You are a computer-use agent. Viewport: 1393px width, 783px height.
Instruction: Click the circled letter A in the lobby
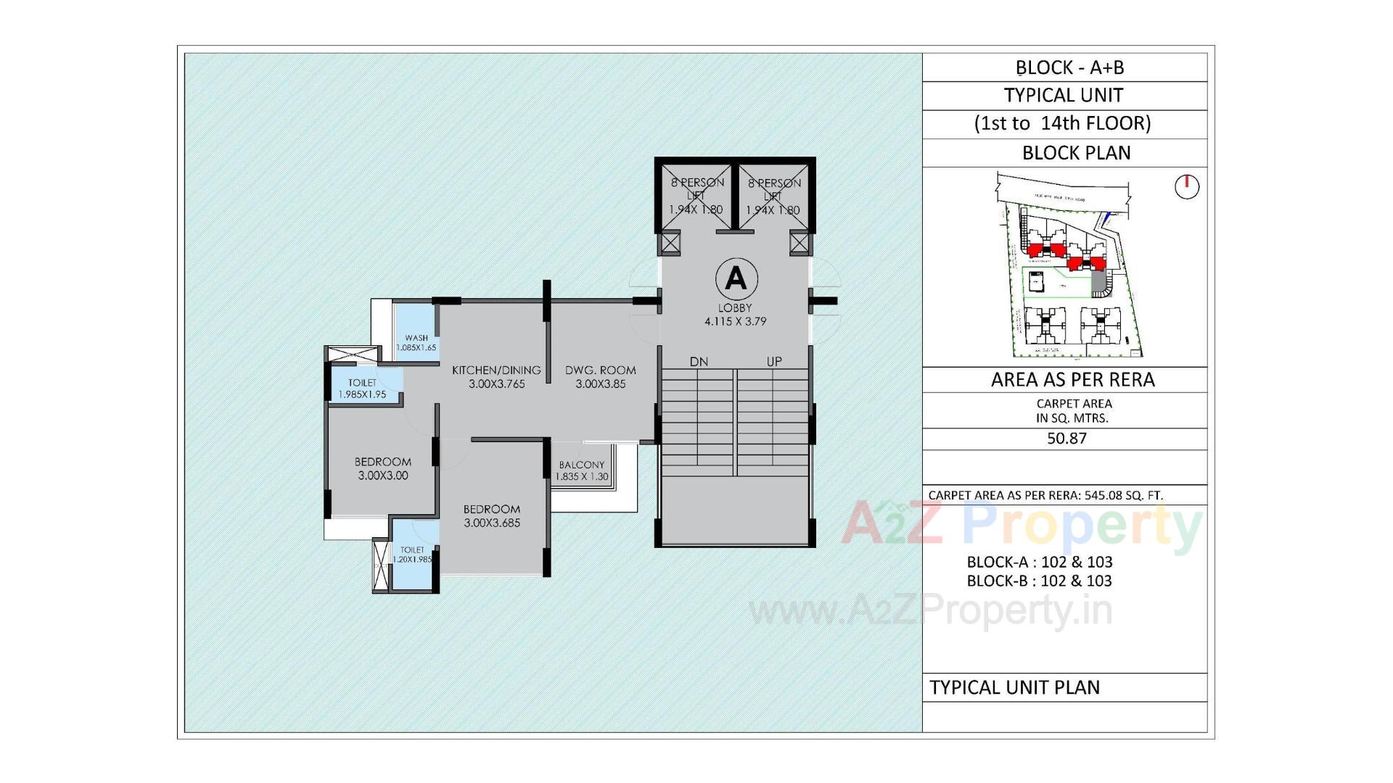point(736,278)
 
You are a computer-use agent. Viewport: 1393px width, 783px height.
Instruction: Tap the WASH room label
point(416,338)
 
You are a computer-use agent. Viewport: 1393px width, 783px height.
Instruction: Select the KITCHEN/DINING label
point(496,370)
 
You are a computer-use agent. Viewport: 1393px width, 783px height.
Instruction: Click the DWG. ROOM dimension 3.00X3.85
point(600,384)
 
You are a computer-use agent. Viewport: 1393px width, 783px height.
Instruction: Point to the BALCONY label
point(581,465)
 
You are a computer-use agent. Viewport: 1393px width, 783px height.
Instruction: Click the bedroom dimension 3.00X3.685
point(492,523)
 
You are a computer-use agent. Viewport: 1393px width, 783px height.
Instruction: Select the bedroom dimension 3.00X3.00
point(382,476)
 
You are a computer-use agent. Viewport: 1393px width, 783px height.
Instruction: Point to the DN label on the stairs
point(699,361)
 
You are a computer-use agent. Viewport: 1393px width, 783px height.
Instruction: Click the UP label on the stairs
point(774,361)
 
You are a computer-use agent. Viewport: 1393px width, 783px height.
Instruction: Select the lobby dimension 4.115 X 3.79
point(735,321)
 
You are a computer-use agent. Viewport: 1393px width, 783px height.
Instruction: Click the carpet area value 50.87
point(1067,439)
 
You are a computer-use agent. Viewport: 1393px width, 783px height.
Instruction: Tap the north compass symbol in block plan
point(1186,186)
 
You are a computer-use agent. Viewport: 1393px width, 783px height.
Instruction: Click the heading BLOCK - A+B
point(1069,67)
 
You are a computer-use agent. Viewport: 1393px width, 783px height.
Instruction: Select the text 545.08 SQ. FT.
point(1123,495)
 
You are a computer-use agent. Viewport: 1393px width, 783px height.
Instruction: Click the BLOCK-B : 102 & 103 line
point(1039,581)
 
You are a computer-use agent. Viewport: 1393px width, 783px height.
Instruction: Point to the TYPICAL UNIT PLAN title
point(1014,687)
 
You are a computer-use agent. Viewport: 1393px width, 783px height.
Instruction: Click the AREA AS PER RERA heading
point(1072,380)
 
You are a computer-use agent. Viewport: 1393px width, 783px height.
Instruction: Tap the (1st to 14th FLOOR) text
point(1062,123)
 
